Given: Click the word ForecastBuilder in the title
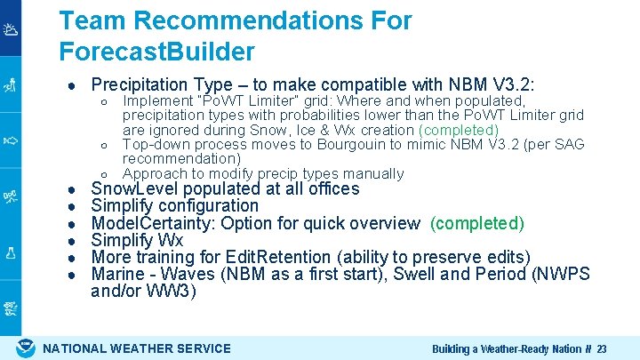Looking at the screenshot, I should (x=156, y=51).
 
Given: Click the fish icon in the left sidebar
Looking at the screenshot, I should (x=10, y=140).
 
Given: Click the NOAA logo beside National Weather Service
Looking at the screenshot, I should (x=27, y=348).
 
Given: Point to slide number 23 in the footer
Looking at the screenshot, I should (x=602, y=348).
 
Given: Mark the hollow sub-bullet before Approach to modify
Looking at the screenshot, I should (x=104, y=174).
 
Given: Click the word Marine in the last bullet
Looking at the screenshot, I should (x=118, y=274).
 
